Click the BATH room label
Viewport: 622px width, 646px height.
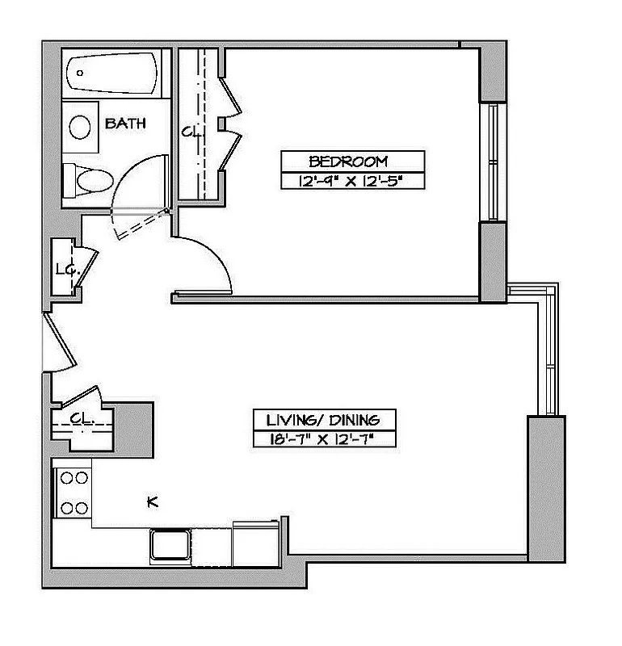click(125, 124)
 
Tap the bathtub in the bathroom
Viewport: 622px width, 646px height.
click(112, 73)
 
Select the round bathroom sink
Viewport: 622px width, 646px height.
click(80, 127)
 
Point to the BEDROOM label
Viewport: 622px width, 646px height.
click(349, 161)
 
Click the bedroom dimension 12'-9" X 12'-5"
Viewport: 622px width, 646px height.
click(349, 181)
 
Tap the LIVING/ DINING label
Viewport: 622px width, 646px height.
click(323, 420)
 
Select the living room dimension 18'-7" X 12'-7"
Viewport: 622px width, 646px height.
click(323, 440)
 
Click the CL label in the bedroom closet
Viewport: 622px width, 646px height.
click(190, 130)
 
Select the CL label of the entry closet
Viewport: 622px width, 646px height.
click(78, 418)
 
